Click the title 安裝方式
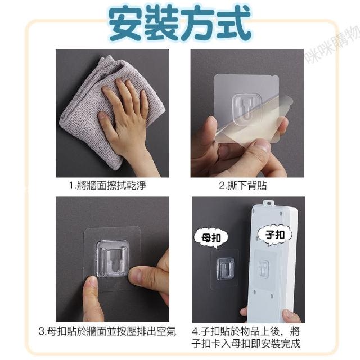coord(180,23)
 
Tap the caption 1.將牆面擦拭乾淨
coord(107,185)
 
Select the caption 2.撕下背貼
coord(243,185)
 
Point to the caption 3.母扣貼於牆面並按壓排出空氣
coord(107,331)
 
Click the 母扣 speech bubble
coord(211,238)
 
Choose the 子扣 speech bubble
coord(275,235)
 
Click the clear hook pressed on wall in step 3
coord(111,259)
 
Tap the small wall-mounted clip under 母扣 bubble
coord(226,268)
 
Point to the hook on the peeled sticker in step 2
coord(246,107)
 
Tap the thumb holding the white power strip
coord(290,316)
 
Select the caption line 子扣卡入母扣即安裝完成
coord(246,344)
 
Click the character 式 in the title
coord(233,24)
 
